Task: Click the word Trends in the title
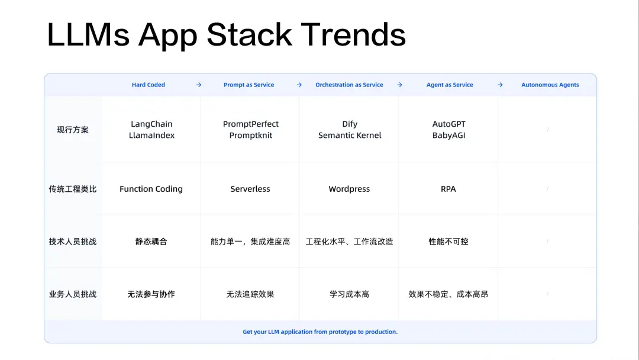click(353, 35)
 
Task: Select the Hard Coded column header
click(149, 85)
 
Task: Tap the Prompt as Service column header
click(248, 85)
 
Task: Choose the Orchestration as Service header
click(349, 85)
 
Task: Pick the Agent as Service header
click(450, 85)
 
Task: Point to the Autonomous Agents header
click(550, 85)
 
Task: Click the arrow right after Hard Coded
click(199, 85)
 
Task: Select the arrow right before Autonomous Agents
click(500, 85)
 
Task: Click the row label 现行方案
click(73, 130)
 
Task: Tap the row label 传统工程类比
click(73, 189)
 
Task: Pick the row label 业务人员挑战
click(73, 294)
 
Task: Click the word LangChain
click(151, 124)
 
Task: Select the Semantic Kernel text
click(350, 136)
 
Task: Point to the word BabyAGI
click(448, 136)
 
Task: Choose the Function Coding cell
click(151, 189)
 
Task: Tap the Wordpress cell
click(349, 189)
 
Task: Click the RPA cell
click(448, 189)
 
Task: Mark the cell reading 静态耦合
click(151, 242)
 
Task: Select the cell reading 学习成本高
click(349, 294)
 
